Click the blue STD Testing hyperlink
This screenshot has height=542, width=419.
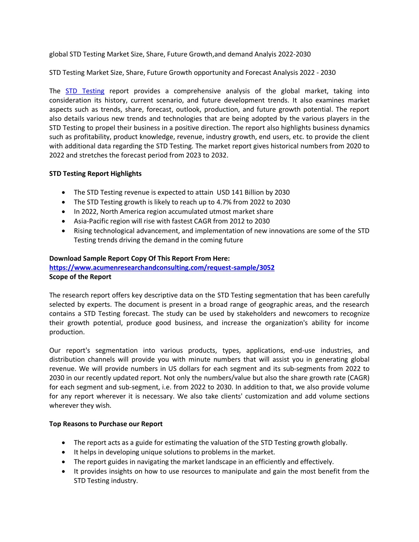85,91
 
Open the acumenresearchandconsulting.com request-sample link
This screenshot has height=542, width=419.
162,268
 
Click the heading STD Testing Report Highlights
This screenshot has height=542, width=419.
95,173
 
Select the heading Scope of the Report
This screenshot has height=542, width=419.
80,277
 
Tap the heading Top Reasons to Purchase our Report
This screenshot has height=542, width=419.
106,424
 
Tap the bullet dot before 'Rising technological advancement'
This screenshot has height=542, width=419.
63,231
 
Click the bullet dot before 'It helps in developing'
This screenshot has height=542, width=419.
63,452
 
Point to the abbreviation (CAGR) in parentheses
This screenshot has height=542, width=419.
357,378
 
